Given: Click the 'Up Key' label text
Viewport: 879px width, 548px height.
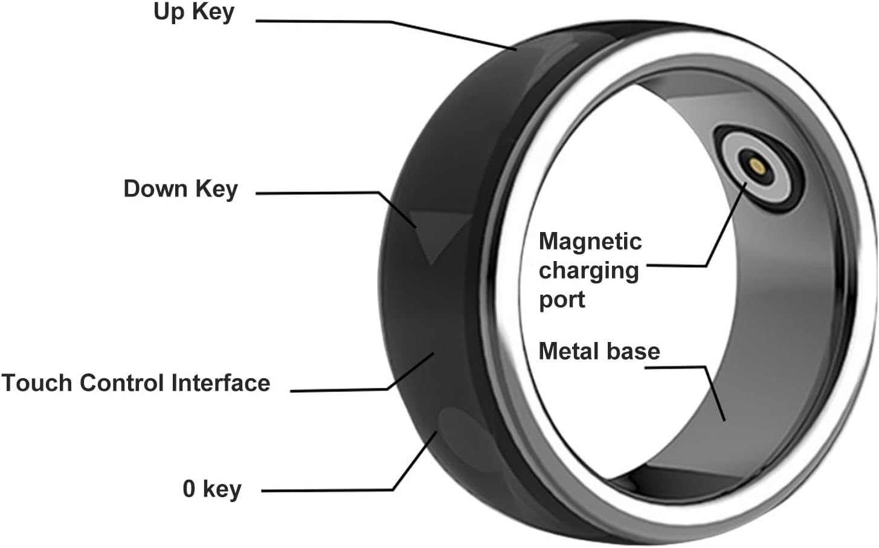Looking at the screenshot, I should point(193,12).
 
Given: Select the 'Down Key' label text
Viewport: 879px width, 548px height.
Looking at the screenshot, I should point(180,189).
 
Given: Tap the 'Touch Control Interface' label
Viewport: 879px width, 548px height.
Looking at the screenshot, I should point(135,383).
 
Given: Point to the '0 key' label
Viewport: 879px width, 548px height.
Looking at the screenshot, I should point(211,489).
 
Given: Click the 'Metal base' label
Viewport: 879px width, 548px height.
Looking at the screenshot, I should point(599,351).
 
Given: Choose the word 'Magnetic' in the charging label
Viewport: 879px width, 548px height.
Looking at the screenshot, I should point(590,242).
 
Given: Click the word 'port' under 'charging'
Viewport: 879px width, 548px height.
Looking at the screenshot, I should point(561,300).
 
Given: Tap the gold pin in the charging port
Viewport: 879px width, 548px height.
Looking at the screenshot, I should point(755,164).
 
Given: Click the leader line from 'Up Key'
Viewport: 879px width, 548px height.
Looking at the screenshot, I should point(387,22).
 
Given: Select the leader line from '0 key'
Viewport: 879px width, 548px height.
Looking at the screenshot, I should point(326,490).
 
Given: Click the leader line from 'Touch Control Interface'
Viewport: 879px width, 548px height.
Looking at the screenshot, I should point(338,390).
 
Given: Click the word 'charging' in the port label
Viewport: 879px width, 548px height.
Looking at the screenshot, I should point(588,271).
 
